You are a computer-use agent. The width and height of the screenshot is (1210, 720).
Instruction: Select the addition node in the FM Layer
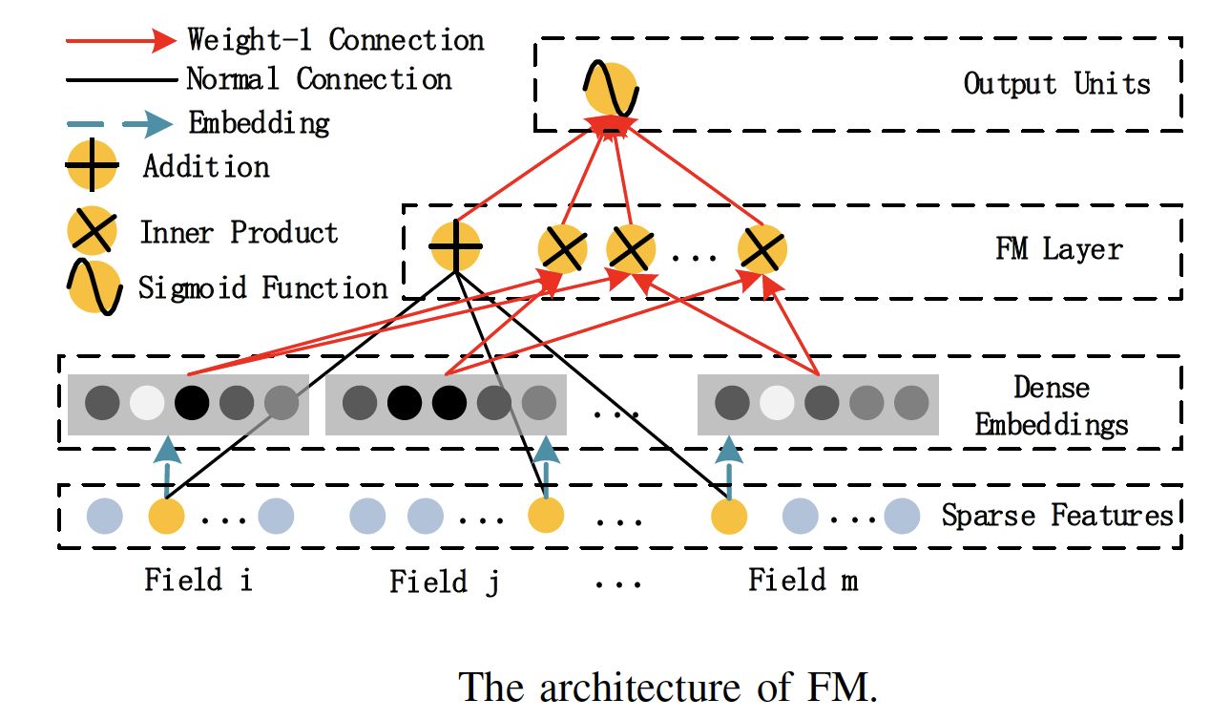[455, 246]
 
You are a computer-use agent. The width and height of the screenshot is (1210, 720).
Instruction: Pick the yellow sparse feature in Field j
[547, 516]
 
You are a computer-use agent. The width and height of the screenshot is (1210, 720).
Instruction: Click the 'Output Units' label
[1056, 83]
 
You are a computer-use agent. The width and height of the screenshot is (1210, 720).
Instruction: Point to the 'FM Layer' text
[1059, 250]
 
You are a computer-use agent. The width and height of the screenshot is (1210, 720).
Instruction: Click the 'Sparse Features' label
[1057, 516]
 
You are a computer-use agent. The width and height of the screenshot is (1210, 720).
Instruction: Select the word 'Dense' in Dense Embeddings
[1052, 387]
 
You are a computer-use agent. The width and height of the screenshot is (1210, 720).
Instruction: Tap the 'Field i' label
[198, 580]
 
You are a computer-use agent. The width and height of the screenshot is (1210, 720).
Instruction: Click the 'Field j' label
[444, 582]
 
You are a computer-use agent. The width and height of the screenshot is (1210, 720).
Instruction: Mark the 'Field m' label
[803, 580]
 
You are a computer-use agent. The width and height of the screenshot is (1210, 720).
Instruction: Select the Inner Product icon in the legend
[93, 232]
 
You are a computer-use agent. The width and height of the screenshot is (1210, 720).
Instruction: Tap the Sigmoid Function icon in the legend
[94, 287]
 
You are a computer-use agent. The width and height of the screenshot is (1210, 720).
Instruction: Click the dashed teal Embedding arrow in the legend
[120, 123]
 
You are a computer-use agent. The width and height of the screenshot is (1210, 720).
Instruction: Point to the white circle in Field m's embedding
[776, 402]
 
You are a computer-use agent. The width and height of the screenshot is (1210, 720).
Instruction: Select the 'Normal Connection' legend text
[319, 79]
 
